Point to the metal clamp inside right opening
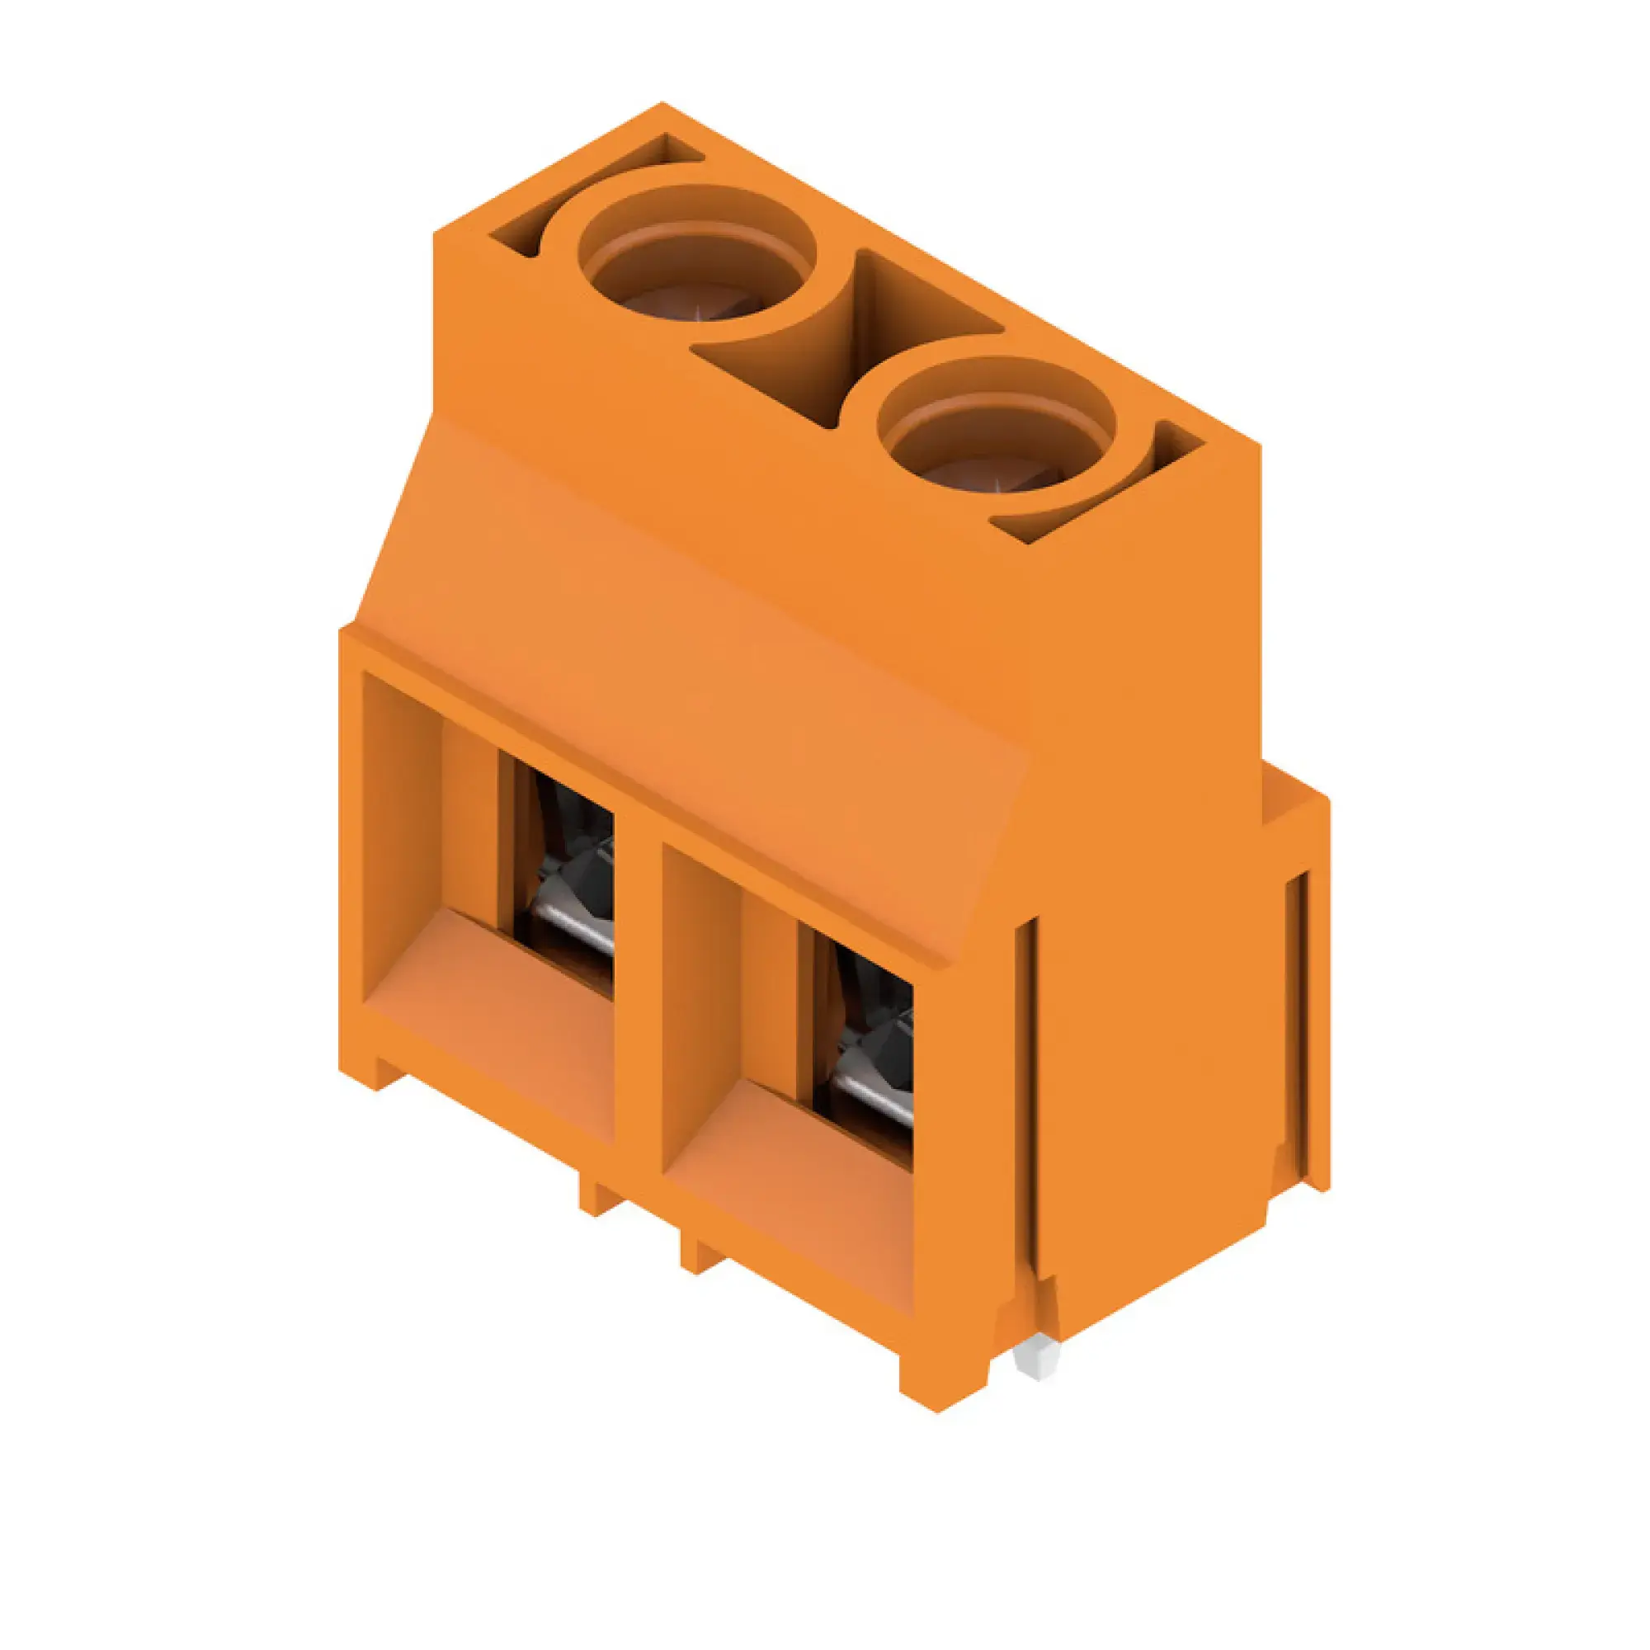tap(871, 1093)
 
